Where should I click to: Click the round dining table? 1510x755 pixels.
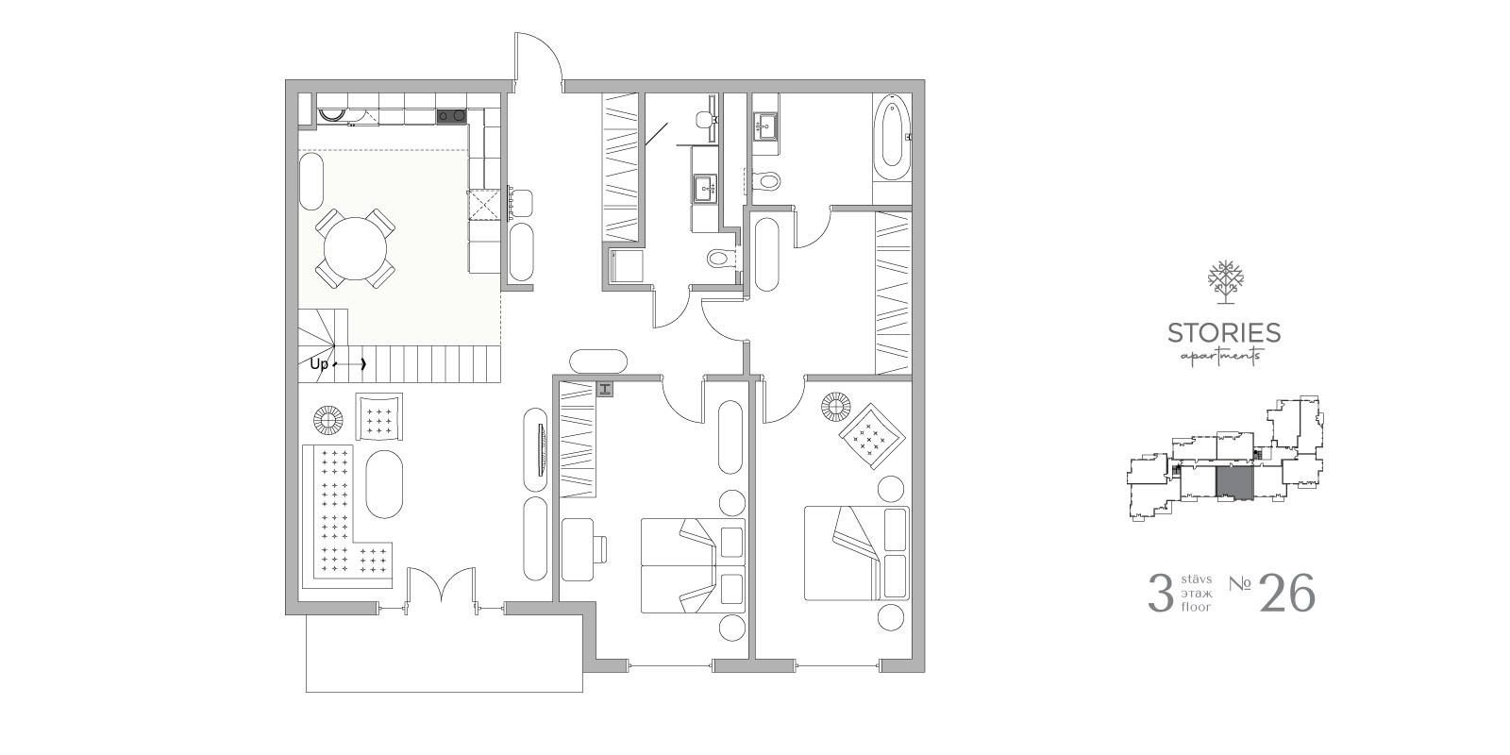click(x=355, y=248)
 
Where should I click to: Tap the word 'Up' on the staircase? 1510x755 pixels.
click(x=319, y=364)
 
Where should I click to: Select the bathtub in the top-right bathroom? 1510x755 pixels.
click(x=892, y=141)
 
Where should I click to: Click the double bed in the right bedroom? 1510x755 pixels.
click(x=856, y=553)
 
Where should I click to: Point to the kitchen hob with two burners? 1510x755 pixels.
click(x=451, y=117)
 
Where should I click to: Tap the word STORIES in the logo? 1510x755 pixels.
click(x=1224, y=333)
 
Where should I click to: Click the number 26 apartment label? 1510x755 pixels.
click(x=1287, y=594)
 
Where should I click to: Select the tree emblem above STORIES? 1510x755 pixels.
click(x=1226, y=282)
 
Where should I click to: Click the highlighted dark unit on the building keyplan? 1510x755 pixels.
click(x=1235, y=484)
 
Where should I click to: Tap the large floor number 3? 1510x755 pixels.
click(x=1160, y=594)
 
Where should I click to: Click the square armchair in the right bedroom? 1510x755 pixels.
click(x=871, y=435)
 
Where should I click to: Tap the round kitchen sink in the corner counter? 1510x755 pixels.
click(x=330, y=116)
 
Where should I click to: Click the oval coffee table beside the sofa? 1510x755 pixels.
click(x=384, y=484)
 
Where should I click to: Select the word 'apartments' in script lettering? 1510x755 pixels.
click(x=1220, y=356)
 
